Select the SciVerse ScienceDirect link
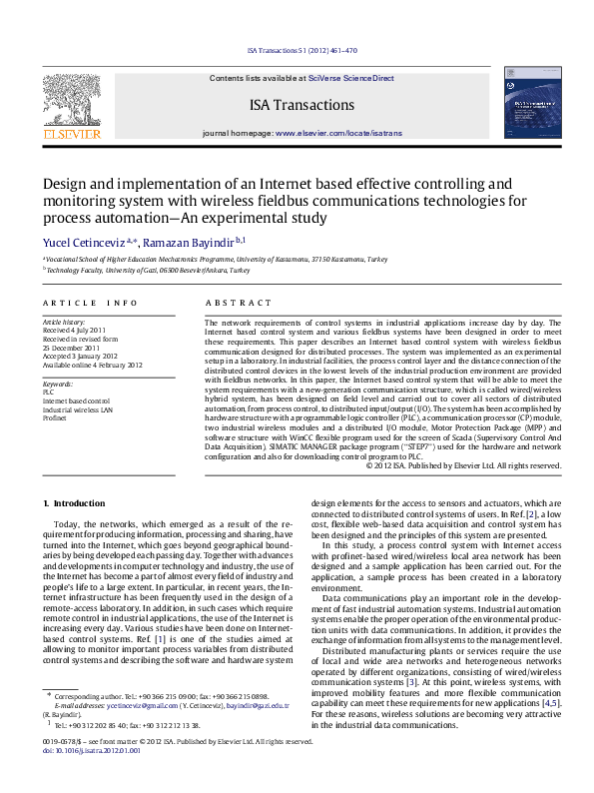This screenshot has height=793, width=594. tap(350, 78)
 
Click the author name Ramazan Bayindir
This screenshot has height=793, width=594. tap(181, 244)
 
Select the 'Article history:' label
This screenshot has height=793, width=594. tap(64, 324)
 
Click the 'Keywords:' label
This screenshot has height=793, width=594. tap(58, 385)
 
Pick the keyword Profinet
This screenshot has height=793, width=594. tap(55, 417)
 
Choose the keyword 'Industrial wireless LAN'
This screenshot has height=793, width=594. tap(77, 409)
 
